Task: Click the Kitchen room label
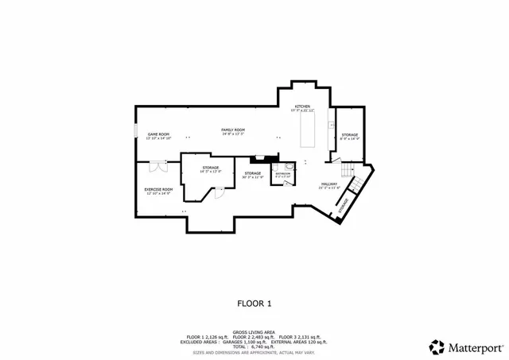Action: coord(302,107)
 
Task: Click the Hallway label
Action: coord(328,185)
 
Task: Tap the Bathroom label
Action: coord(283,174)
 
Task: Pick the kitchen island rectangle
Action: coord(307,130)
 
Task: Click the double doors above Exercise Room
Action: coord(157,165)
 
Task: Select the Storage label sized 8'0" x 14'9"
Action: coord(350,136)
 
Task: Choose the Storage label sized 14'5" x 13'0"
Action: coord(210,168)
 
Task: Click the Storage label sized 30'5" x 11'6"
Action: coord(253,174)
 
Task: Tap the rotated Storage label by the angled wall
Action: coord(344,206)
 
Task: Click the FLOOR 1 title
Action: coord(254,304)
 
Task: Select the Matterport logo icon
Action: coord(437,346)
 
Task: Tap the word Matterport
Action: coord(476,347)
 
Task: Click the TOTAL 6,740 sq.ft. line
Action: coord(254,346)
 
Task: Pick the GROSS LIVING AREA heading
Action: coord(254,332)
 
